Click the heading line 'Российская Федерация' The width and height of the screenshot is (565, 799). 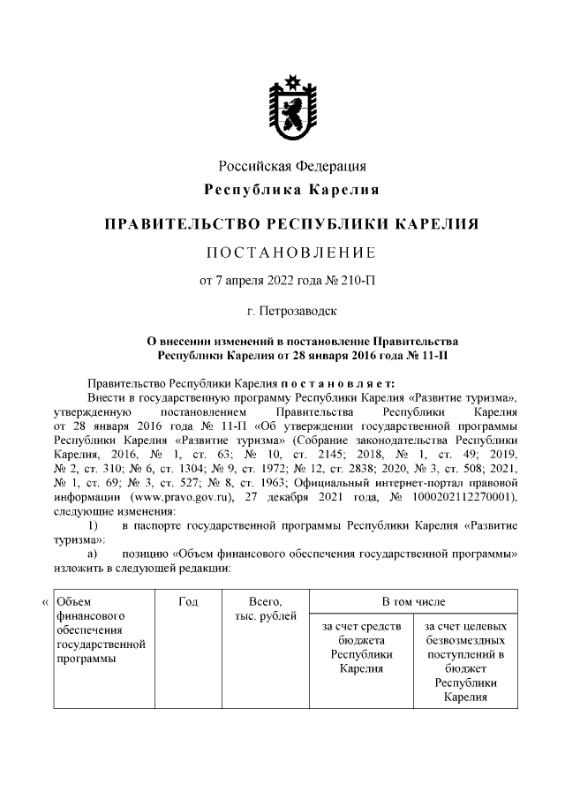[x=291, y=166]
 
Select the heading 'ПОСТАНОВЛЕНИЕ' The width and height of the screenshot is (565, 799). [x=291, y=253]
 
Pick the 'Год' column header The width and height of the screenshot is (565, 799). [x=187, y=601]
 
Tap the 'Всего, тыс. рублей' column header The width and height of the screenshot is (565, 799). [x=265, y=608]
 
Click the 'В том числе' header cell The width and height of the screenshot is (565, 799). [x=413, y=601]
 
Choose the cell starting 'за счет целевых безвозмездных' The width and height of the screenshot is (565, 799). [x=465, y=661]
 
